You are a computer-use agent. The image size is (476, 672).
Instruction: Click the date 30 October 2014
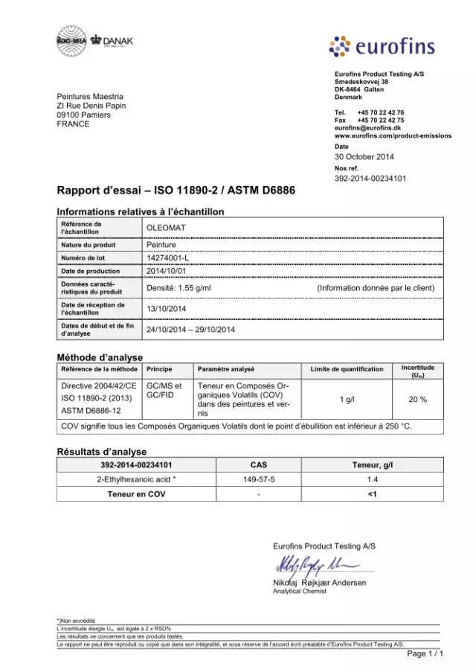(x=364, y=156)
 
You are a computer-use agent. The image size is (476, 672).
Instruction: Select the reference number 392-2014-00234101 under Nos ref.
(x=370, y=179)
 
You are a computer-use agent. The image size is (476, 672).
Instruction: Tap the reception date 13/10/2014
(x=166, y=308)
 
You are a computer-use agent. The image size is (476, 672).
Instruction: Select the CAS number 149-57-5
(x=260, y=480)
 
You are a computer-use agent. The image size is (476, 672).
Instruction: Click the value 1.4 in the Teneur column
(x=373, y=480)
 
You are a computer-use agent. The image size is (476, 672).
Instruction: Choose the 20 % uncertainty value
(x=417, y=400)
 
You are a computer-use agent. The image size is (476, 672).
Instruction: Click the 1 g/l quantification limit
(x=347, y=400)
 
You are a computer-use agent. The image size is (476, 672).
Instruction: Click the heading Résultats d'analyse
(x=102, y=452)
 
